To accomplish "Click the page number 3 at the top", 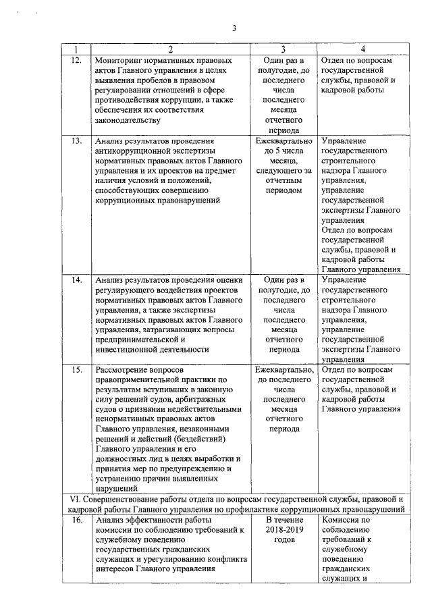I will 234,28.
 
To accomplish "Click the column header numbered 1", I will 76,49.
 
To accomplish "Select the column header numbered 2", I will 170,49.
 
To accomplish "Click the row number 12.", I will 76,60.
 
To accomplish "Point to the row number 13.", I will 76,141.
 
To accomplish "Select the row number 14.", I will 76,279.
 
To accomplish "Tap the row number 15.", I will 76,371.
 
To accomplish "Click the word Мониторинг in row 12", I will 121,60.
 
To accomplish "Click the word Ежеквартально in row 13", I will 284,141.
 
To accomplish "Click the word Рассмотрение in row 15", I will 124,371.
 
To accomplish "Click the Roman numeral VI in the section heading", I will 76,499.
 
